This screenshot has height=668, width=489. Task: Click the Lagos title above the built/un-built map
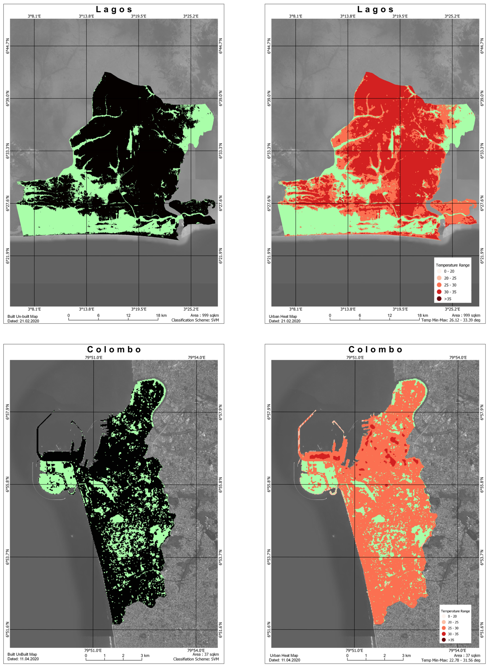114,10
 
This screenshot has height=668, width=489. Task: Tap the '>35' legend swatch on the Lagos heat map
439,299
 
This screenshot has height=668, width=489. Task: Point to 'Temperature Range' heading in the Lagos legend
453,265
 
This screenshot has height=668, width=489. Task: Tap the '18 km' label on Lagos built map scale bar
161,315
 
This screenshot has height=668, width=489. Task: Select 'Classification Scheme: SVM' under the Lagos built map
195,320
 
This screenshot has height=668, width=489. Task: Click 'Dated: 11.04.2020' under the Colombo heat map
284,660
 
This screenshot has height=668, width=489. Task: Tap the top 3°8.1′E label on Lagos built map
34,16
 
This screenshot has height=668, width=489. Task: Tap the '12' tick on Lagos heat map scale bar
390,315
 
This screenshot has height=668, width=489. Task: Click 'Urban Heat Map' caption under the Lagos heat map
283,316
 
